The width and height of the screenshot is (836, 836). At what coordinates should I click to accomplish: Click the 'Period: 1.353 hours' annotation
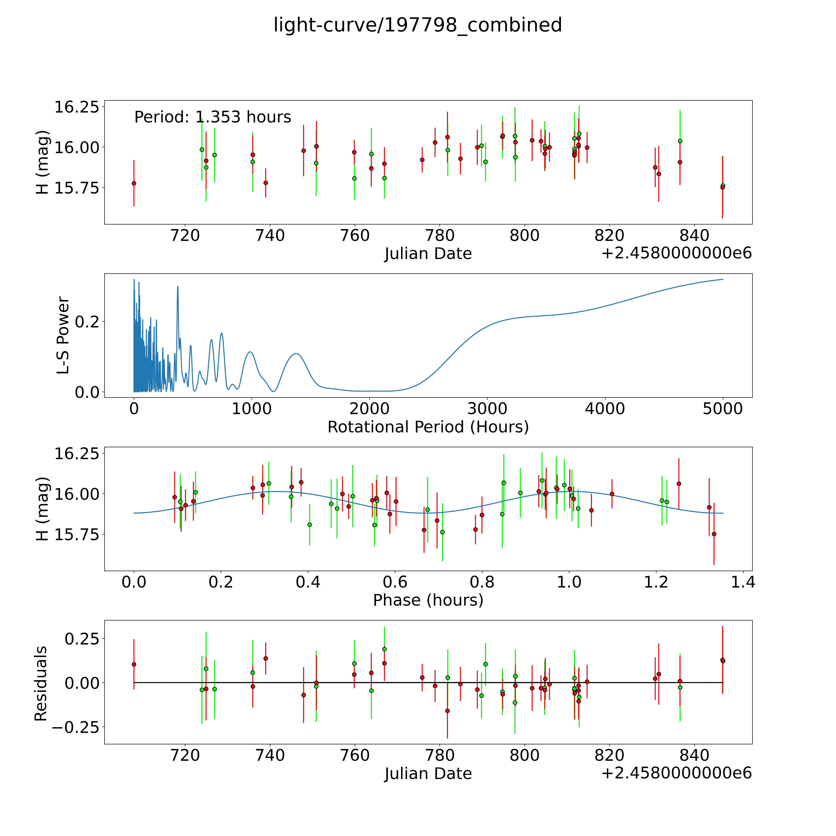212,117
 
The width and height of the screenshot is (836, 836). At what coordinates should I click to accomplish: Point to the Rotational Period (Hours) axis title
428,427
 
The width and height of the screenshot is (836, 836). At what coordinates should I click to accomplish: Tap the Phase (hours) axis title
428,600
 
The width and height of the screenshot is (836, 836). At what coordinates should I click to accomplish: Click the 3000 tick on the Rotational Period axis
487,409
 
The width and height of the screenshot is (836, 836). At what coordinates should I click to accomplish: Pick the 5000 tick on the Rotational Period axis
723,409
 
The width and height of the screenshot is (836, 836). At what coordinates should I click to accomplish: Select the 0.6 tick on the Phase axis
395,582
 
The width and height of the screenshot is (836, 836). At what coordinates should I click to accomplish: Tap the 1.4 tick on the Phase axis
743,582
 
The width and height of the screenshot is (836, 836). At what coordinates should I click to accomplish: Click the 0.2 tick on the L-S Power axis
87,322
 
